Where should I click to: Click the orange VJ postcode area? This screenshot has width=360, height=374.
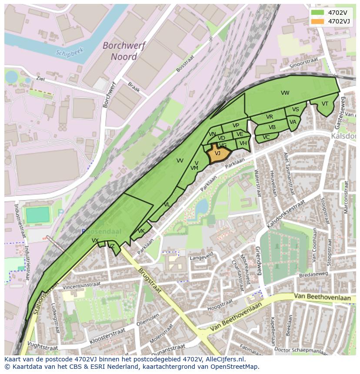218,154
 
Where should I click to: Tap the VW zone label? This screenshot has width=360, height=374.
285,93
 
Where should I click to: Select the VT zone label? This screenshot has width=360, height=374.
325,104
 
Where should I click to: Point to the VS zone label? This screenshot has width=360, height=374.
296,109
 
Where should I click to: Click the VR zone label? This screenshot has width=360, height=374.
270,117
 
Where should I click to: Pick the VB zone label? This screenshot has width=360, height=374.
272,127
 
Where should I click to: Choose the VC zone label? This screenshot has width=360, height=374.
267,137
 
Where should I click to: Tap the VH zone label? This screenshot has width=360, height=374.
243,143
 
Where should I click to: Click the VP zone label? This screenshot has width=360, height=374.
236,126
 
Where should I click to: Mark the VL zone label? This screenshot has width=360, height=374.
167,205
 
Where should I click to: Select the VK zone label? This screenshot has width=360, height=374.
141,231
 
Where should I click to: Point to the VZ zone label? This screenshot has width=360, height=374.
112,246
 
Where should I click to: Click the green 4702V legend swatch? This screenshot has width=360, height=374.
318,12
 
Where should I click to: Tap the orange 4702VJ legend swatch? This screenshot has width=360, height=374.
318,21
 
